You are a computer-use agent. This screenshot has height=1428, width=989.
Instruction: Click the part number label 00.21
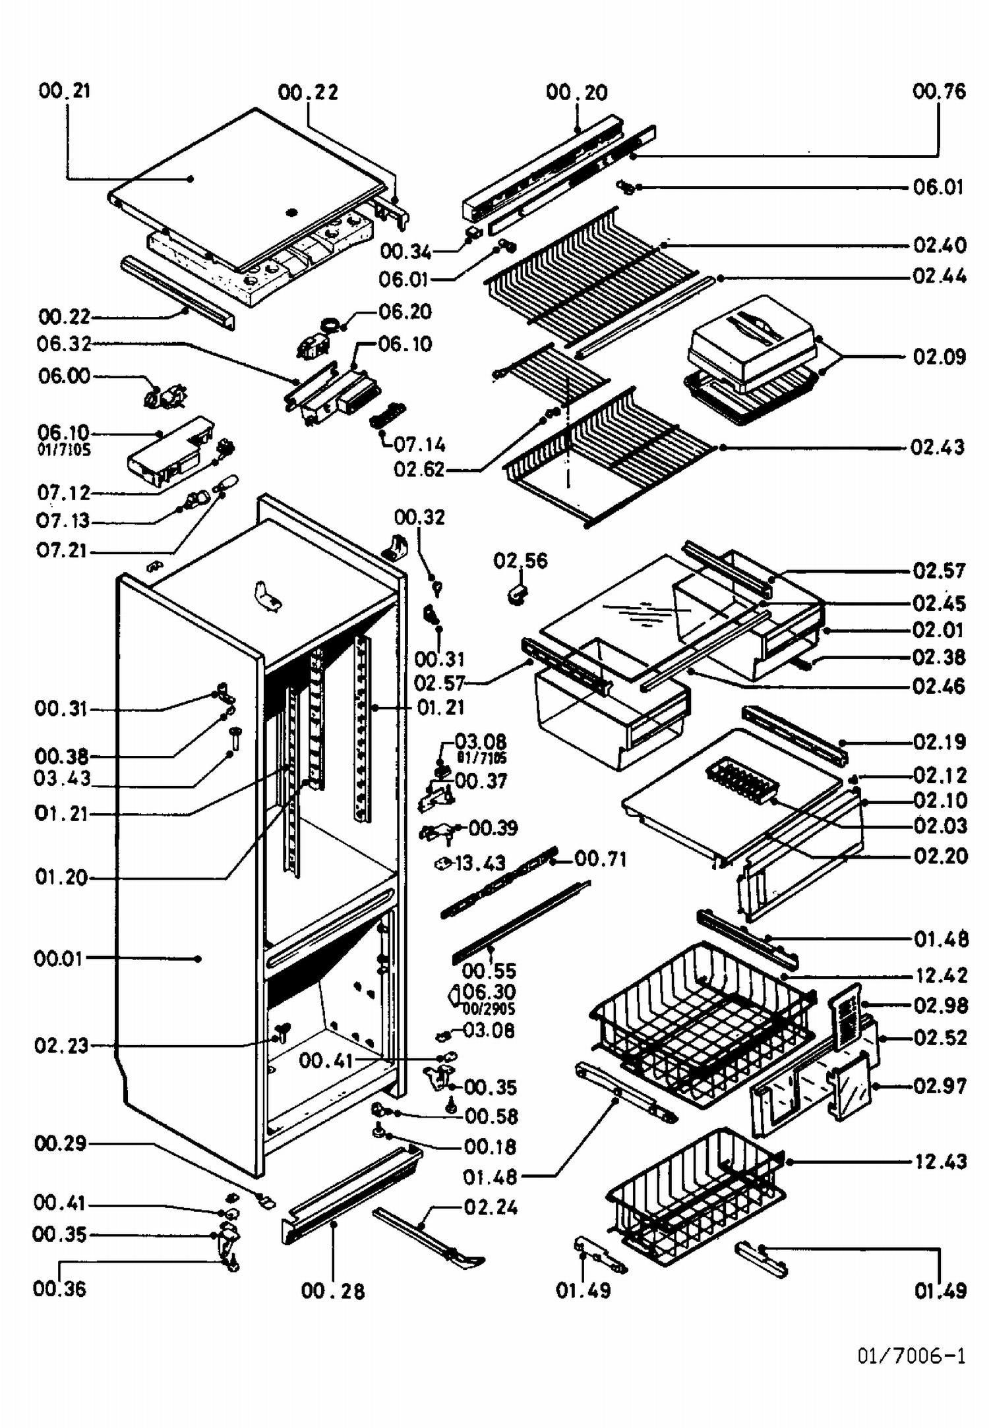coord(65,90)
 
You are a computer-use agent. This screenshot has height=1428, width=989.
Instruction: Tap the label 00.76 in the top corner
coord(939,91)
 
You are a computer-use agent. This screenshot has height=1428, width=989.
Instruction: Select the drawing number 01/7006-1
coord(911,1355)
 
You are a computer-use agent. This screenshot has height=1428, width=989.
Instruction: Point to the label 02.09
coord(939,357)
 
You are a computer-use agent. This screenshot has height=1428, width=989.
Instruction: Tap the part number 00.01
coord(58,958)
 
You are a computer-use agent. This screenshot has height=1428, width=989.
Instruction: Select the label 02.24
coord(491,1207)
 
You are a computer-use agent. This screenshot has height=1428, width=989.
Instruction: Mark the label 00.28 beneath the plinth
coord(332,1291)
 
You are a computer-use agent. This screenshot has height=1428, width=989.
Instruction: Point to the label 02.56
coord(520,561)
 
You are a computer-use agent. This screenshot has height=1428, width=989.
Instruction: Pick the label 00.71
coord(600,859)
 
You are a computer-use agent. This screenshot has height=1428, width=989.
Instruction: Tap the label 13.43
coord(480,863)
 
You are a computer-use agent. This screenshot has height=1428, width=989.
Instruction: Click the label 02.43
coord(937,447)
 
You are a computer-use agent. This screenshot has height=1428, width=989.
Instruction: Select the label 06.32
coord(64,343)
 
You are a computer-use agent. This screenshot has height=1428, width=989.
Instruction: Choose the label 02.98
coord(940,1006)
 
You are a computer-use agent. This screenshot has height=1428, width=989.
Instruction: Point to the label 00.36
coord(59,1288)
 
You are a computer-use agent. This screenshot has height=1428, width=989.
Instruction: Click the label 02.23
coord(61,1045)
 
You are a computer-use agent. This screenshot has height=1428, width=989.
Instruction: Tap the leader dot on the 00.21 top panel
coord(191,179)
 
